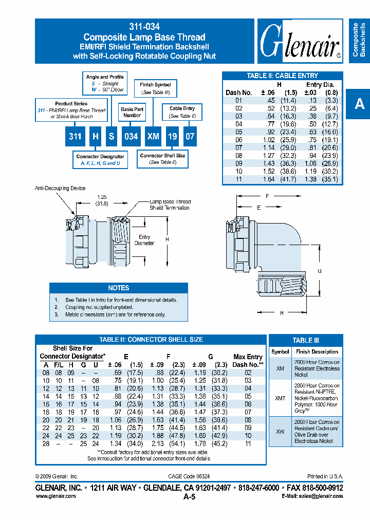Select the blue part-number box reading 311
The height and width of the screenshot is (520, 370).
pyautogui.click(x=75, y=137)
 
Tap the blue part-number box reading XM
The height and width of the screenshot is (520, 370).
pyautogui.click(x=153, y=137)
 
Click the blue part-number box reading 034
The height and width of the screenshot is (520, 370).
pyautogui.click(x=131, y=137)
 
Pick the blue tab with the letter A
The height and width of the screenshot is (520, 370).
pyautogui.click(x=360, y=104)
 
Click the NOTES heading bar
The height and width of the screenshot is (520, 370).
pyautogui.click(x=119, y=288)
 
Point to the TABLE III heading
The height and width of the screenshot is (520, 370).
pyautogui.click(x=306, y=340)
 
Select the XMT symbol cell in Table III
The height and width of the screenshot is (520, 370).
pyautogui.click(x=280, y=399)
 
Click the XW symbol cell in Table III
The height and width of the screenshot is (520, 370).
pyautogui.click(x=280, y=432)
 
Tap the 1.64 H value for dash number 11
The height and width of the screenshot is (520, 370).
pyautogui.click(x=269, y=179)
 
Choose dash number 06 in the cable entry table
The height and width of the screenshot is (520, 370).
pyautogui.click(x=238, y=140)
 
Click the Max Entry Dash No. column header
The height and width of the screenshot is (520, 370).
pyautogui.click(x=248, y=360)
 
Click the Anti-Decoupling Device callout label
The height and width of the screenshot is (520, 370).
pyautogui.click(x=60, y=189)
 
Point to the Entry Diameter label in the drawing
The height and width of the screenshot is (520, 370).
pyautogui.click(x=144, y=240)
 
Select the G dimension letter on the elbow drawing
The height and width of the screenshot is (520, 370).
pyautogui.click(x=320, y=271)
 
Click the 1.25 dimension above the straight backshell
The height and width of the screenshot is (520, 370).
pyautogui.click(x=102, y=197)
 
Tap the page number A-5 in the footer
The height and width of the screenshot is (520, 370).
pyautogui.click(x=189, y=497)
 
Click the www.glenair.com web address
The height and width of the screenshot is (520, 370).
pyautogui.click(x=55, y=496)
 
